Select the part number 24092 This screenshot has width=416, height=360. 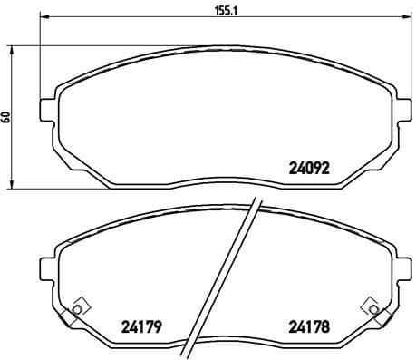[x=309, y=167]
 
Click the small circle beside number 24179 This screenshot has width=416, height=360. [x=77, y=311]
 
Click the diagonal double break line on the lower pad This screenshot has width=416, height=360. [x=223, y=281]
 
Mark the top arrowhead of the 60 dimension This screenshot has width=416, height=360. [x=13, y=47]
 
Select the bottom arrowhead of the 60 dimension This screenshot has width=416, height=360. [x=13, y=186]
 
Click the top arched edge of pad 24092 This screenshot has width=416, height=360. [x=222, y=37]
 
